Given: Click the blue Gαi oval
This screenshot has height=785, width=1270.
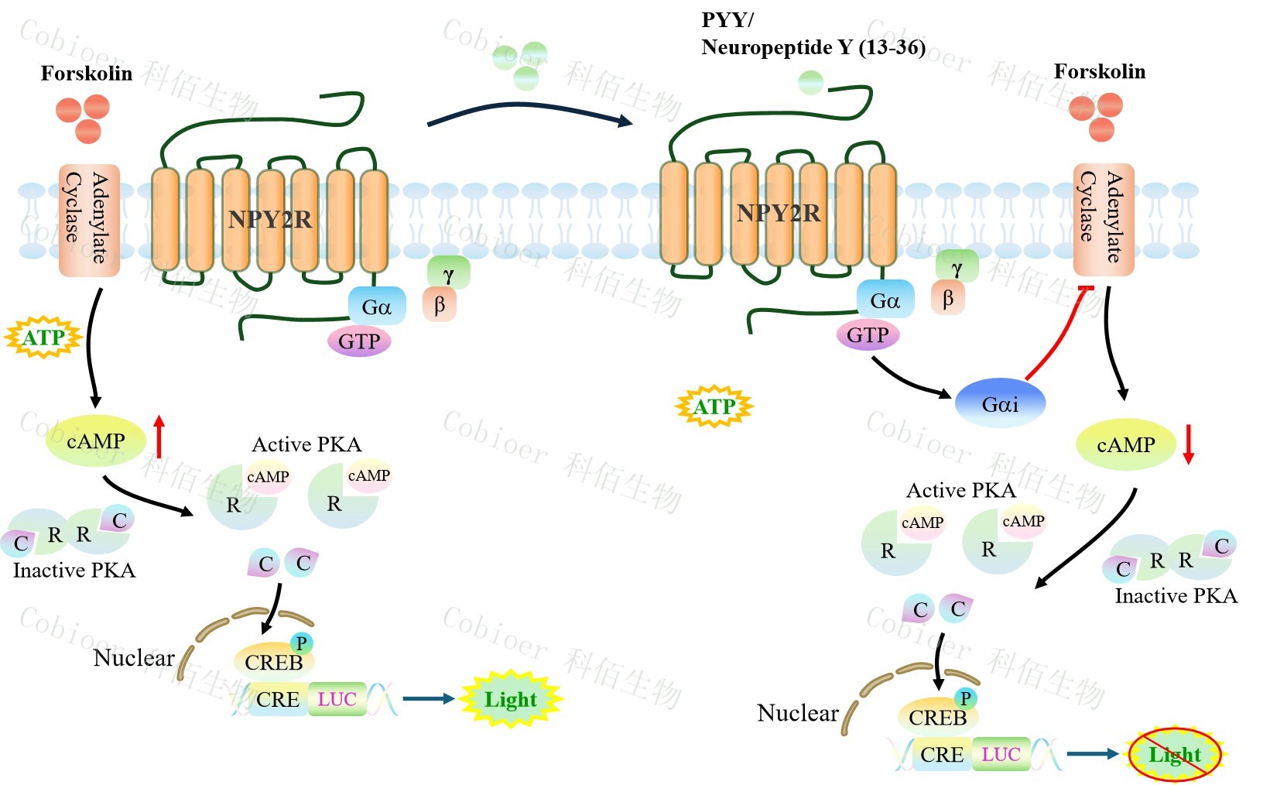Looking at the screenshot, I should pyautogui.click(x=999, y=403).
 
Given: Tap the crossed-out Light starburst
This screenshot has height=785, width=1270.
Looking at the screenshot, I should pyautogui.click(x=1174, y=755).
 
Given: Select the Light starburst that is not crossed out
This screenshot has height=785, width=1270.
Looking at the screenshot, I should pyautogui.click(x=510, y=699).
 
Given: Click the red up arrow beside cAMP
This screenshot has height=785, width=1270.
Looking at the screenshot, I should pyautogui.click(x=159, y=436).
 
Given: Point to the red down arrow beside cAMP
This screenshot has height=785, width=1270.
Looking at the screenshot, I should pyautogui.click(x=1189, y=444).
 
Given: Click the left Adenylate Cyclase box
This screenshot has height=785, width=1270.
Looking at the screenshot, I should pyautogui.click(x=89, y=220).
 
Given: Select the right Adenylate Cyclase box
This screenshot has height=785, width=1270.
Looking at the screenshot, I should pyautogui.click(x=1103, y=219).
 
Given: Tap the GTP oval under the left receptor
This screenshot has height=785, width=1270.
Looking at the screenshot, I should pyautogui.click(x=359, y=341).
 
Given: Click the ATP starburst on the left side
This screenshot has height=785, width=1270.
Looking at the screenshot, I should pyautogui.click(x=43, y=338).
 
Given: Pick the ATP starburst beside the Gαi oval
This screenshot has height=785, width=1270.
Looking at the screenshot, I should pyautogui.click(x=714, y=406).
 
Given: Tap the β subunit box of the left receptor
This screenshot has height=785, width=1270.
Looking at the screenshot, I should pyautogui.click(x=440, y=304).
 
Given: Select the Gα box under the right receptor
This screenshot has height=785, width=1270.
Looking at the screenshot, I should pyautogui.click(x=885, y=300).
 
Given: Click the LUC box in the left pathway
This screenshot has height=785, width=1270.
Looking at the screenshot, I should pyautogui.click(x=337, y=699).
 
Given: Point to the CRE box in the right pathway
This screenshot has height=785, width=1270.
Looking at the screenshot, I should pyautogui.click(x=941, y=754).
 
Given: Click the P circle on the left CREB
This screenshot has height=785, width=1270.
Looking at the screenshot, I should pyautogui.click(x=301, y=643).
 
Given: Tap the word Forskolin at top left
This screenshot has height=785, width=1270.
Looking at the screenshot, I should pyautogui.click(x=87, y=74).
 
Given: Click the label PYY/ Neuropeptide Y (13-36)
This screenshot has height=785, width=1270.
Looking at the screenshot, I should pyautogui.click(x=813, y=34).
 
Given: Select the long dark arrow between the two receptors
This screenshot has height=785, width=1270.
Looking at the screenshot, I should pyautogui.click(x=529, y=113).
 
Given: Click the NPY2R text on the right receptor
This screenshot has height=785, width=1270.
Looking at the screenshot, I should pyautogui.click(x=778, y=213).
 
